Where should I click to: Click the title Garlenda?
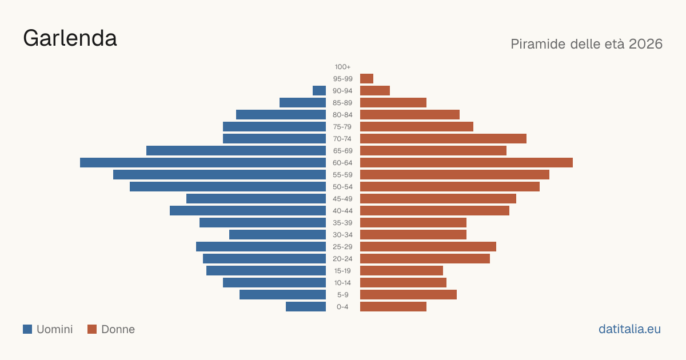click(70, 38)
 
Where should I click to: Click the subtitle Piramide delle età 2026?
click(587, 44)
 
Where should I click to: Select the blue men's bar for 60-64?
click(203, 162)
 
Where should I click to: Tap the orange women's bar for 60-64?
click(466, 162)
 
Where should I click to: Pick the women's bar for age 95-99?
click(366, 79)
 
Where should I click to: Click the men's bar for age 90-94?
click(319, 91)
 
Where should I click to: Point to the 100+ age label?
click(342, 67)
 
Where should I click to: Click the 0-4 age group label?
click(342, 307)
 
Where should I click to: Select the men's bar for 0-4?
click(306, 307)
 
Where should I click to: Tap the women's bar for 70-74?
click(443, 139)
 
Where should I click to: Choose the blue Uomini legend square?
click(27, 329)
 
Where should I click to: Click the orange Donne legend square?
click(92, 329)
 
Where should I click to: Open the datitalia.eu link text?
click(629, 329)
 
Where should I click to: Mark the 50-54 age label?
click(342, 187)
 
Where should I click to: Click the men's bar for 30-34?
click(277, 235)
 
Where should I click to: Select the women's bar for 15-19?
click(401, 271)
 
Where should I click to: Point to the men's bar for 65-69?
click(236, 151)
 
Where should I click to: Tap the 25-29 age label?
click(342, 247)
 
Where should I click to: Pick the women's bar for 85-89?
click(393, 102)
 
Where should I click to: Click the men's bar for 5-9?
click(282, 294)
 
